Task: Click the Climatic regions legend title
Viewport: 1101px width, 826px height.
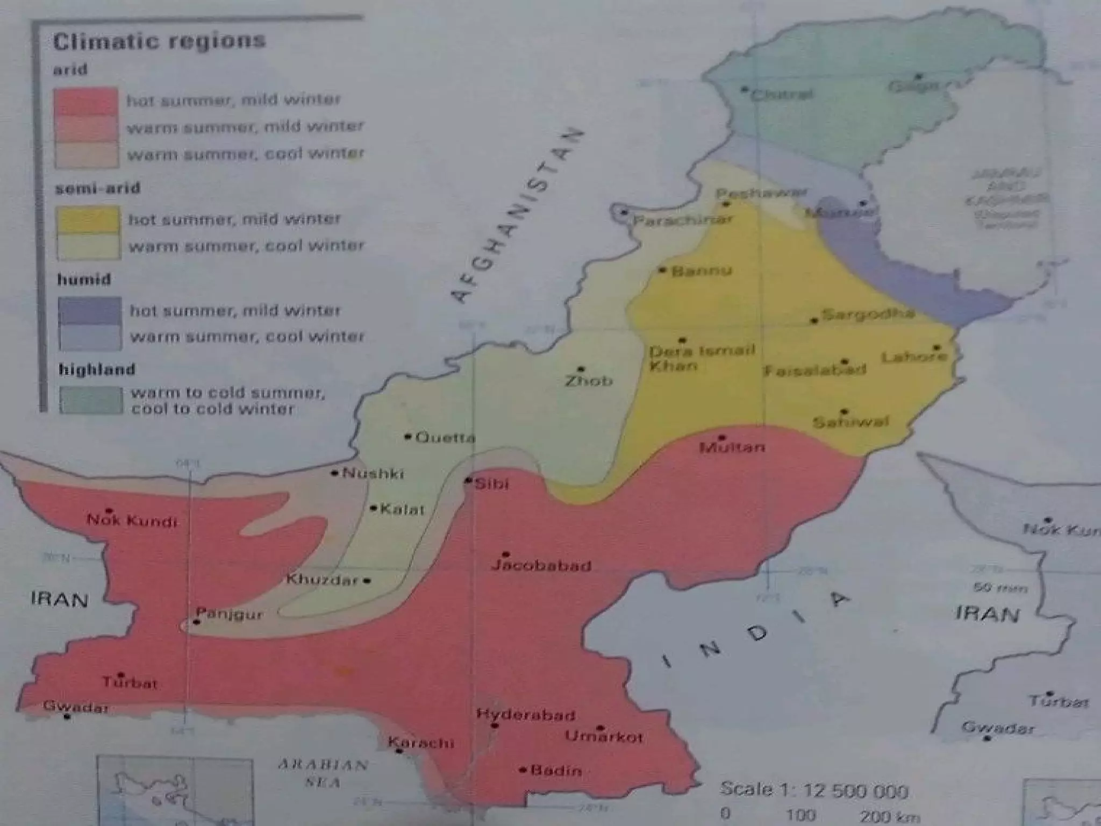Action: click(159, 41)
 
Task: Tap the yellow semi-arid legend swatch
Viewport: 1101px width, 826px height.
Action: click(88, 219)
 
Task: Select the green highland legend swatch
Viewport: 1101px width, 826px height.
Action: click(91, 400)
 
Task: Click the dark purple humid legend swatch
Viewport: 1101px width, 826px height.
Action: click(90, 310)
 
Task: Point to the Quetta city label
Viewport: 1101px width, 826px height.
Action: click(445, 438)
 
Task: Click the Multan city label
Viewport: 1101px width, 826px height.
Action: click(732, 447)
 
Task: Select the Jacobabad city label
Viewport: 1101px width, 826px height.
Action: click(541, 566)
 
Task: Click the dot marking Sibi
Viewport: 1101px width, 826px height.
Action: click(469, 480)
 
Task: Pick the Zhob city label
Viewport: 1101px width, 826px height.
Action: click(588, 381)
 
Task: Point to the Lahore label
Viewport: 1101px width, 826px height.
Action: click(914, 357)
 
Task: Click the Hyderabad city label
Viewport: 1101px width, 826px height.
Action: click(526, 715)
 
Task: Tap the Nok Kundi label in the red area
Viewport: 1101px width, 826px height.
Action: click(132, 521)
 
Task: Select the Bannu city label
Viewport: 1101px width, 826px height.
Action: click(702, 270)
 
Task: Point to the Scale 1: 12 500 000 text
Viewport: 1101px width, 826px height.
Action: click(814, 791)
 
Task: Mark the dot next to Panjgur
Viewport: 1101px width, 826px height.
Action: click(197, 622)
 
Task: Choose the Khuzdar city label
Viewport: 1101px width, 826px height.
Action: click(322, 580)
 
